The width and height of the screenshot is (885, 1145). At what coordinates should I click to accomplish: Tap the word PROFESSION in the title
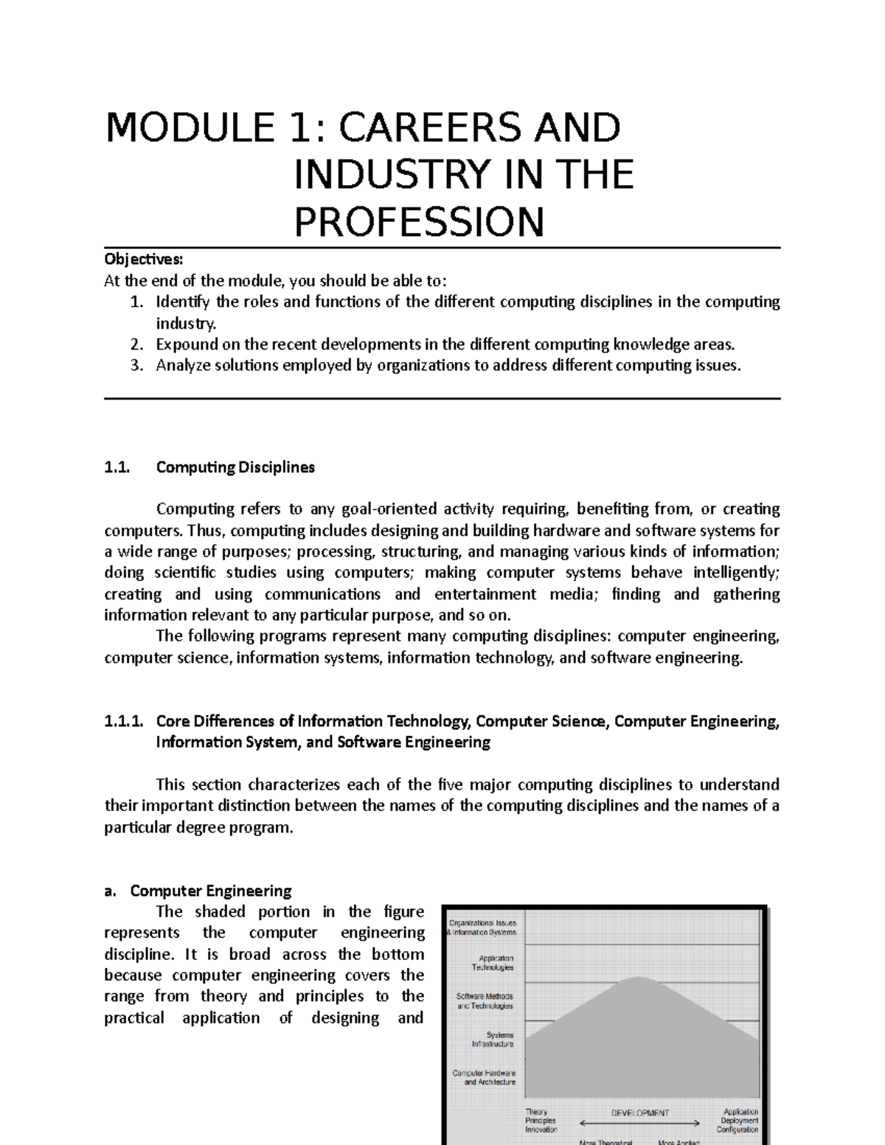coord(419,222)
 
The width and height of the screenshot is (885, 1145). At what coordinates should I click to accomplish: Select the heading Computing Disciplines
coord(235,467)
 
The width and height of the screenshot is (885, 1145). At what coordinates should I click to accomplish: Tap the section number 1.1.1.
coord(124,721)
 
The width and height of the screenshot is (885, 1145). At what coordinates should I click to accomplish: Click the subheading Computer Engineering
coord(211,891)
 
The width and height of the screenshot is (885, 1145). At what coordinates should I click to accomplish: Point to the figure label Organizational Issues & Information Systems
coord(483,927)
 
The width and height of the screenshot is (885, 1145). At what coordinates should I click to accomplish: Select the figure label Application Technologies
coord(496,963)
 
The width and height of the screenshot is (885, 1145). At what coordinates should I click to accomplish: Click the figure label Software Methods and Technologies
coord(485,1000)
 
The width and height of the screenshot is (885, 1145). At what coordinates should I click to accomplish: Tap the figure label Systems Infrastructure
coord(493,1039)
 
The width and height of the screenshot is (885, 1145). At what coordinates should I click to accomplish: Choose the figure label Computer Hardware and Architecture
coord(485,1077)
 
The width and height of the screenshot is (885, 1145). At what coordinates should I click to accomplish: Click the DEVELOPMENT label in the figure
coord(640,1113)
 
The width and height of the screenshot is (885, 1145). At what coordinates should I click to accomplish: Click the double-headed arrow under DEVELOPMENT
coord(640,1123)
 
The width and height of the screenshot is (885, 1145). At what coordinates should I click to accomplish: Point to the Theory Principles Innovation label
coord(541,1121)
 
